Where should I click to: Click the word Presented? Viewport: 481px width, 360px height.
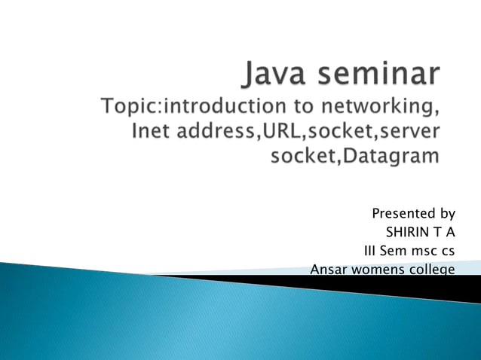pos(400,214)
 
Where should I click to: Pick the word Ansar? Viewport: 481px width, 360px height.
pos(326,270)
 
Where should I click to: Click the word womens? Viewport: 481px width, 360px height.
pos(373,270)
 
